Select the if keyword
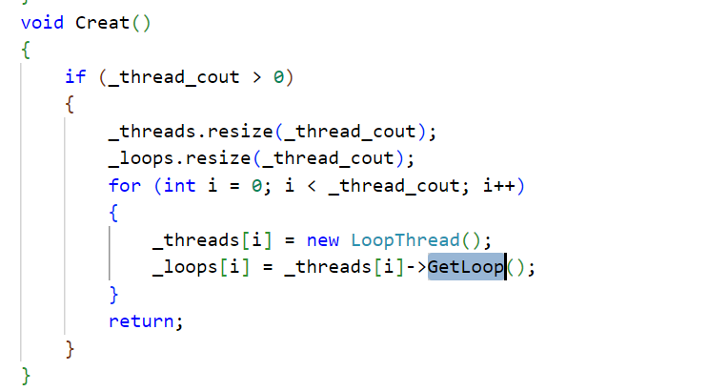75,76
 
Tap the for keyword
125,185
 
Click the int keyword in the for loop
180,185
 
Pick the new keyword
323,240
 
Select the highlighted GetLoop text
466,267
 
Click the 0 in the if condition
277,76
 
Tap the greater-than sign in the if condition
256,76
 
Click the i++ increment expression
498,185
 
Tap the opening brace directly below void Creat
26,50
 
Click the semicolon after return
179,322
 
